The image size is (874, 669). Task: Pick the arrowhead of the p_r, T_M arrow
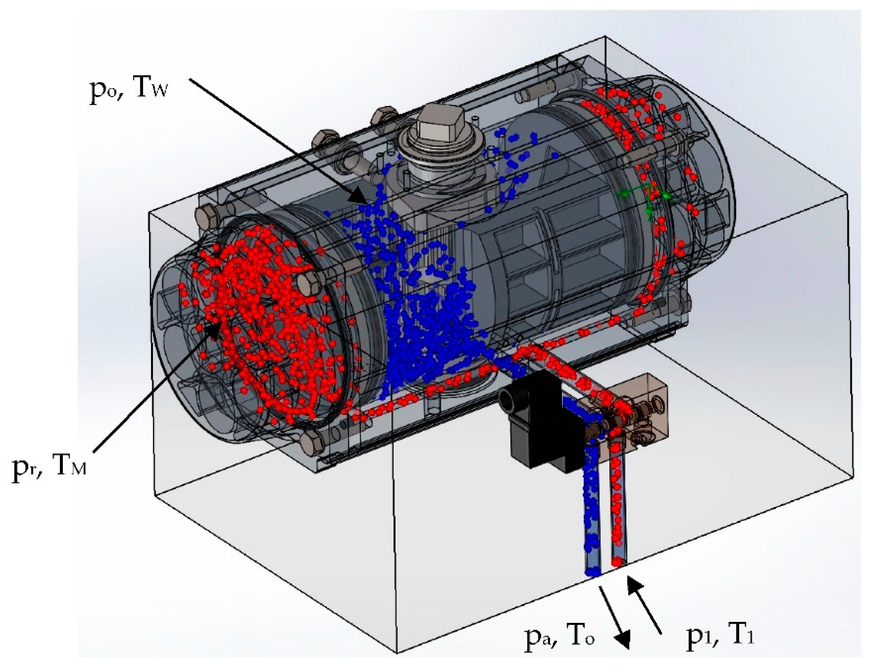click(213, 331)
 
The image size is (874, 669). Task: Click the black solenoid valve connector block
click(538, 422)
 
